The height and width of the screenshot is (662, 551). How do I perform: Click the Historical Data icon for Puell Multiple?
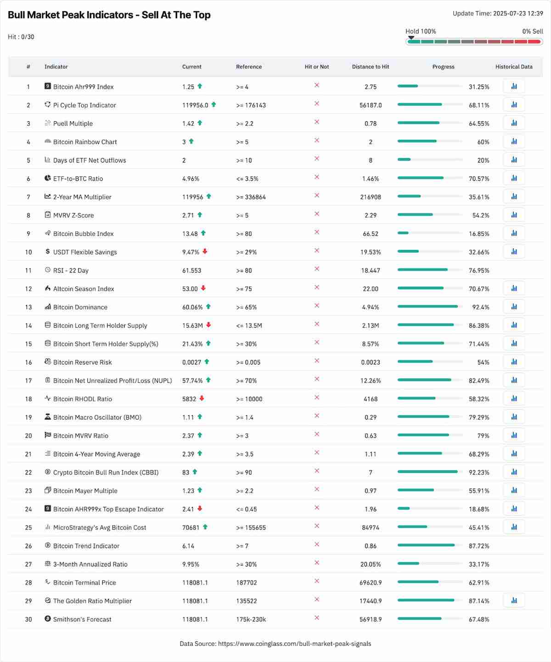[x=514, y=123]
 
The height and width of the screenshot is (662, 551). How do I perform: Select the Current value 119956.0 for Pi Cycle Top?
[x=195, y=105]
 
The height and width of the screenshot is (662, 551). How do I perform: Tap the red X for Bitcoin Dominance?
[x=317, y=306]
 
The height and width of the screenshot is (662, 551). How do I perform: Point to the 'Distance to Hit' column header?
[x=370, y=67]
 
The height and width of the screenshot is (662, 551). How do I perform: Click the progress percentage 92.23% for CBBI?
[x=479, y=472]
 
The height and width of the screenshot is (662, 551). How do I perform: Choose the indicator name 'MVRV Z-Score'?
[x=73, y=215]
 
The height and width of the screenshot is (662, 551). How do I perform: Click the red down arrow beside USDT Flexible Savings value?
[x=205, y=251]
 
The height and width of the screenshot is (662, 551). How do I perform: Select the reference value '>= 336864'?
[x=251, y=197]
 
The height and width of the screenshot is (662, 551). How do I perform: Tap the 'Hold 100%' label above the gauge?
[x=421, y=31]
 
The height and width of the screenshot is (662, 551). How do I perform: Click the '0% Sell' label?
[x=532, y=31]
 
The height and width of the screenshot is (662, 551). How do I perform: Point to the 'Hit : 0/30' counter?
[x=21, y=37]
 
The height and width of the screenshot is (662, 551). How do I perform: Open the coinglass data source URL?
[x=294, y=644]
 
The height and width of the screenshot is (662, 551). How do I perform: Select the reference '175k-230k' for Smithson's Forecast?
[x=251, y=619]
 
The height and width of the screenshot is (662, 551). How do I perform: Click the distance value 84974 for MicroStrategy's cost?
[x=370, y=528]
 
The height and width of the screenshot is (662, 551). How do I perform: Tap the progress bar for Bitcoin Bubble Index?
[x=429, y=233]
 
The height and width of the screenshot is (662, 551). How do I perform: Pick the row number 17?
[x=28, y=381]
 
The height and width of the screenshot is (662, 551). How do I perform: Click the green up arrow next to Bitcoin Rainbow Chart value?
[x=191, y=141]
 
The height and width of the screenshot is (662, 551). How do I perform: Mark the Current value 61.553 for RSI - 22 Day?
[x=191, y=270]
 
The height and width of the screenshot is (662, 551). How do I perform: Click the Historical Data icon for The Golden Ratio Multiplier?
[x=514, y=600]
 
